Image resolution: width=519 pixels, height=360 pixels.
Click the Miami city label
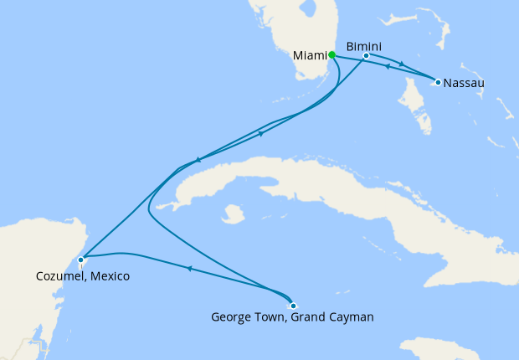coord(310,56)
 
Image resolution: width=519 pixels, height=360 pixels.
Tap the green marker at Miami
coord(332,54)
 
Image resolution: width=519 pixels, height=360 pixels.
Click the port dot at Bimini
coord(367,56)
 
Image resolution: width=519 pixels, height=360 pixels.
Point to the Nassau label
coord(464,83)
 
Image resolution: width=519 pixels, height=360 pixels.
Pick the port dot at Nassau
coord(438,82)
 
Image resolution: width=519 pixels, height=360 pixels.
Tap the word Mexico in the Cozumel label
coord(110,275)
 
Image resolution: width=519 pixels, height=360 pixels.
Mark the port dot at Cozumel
coord(80,260)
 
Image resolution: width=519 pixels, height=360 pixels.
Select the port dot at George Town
coord(293,306)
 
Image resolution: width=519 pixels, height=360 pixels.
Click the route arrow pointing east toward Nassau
coord(401,64)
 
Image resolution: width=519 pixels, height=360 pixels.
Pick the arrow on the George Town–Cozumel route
coord(190,269)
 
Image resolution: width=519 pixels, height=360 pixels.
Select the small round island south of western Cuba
coord(234,213)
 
